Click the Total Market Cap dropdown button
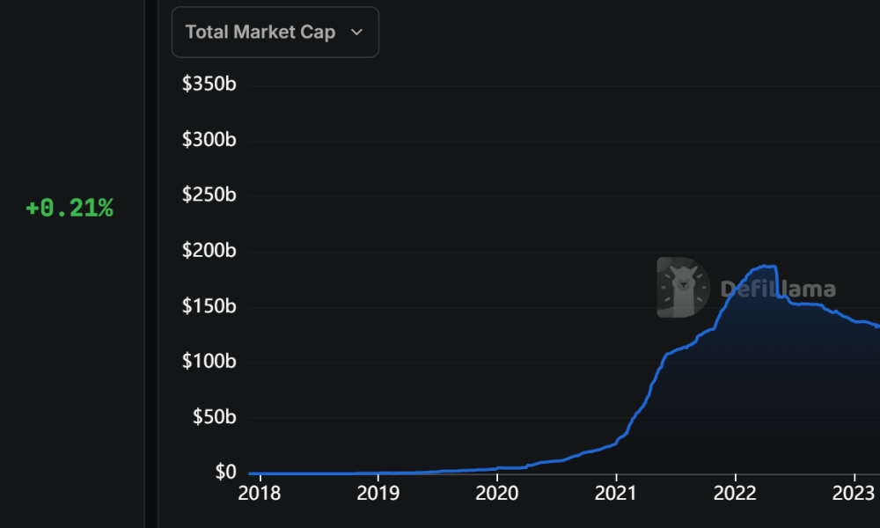coord(275,33)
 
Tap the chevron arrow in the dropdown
coord(356,33)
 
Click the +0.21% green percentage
coord(70,209)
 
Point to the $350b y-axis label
coord(209,84)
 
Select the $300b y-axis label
coord(209,140)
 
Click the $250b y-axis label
coord(209,195)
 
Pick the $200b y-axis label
coord(209,251)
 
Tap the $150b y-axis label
coord(209,306)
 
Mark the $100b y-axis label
coord(209,362)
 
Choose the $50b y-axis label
coord(213,417)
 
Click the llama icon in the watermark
coord(683,288)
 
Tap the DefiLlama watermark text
coord(778,289)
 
